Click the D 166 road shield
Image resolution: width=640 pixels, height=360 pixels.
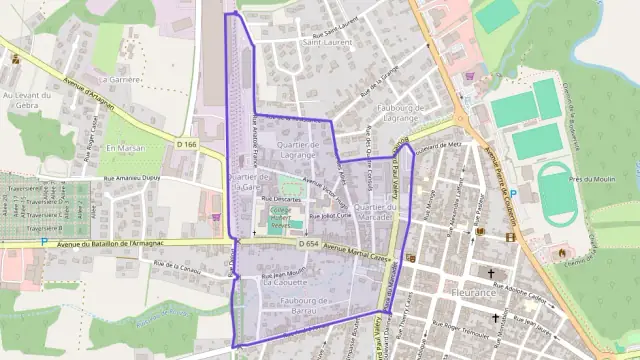tap(186, 145)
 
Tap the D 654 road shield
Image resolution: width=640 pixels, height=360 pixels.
tap(310, 243)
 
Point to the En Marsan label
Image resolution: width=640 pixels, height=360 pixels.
tap(126, 149)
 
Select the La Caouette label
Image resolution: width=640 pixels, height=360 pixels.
tap(283, 283)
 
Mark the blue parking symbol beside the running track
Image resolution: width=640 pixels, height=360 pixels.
tap(514, 193)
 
